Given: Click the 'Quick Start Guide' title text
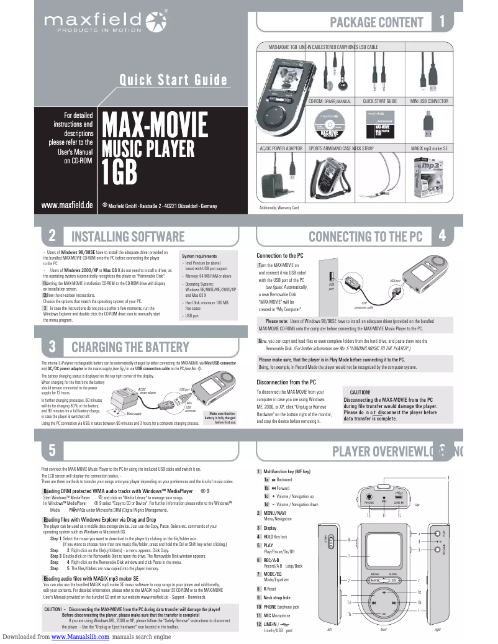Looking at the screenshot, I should (173, 80).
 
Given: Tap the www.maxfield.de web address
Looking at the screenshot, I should (67, 205).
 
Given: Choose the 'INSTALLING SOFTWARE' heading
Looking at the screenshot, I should (128, 236).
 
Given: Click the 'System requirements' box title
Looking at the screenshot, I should (199, 256).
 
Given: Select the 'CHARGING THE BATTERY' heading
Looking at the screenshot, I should (130, 347).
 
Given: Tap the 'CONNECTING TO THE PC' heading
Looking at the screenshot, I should (366, 236).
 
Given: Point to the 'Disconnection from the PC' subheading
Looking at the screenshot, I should (286, 382).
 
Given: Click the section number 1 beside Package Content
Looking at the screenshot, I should (441, 22).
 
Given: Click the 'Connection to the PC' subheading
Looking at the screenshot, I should (280, 256).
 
